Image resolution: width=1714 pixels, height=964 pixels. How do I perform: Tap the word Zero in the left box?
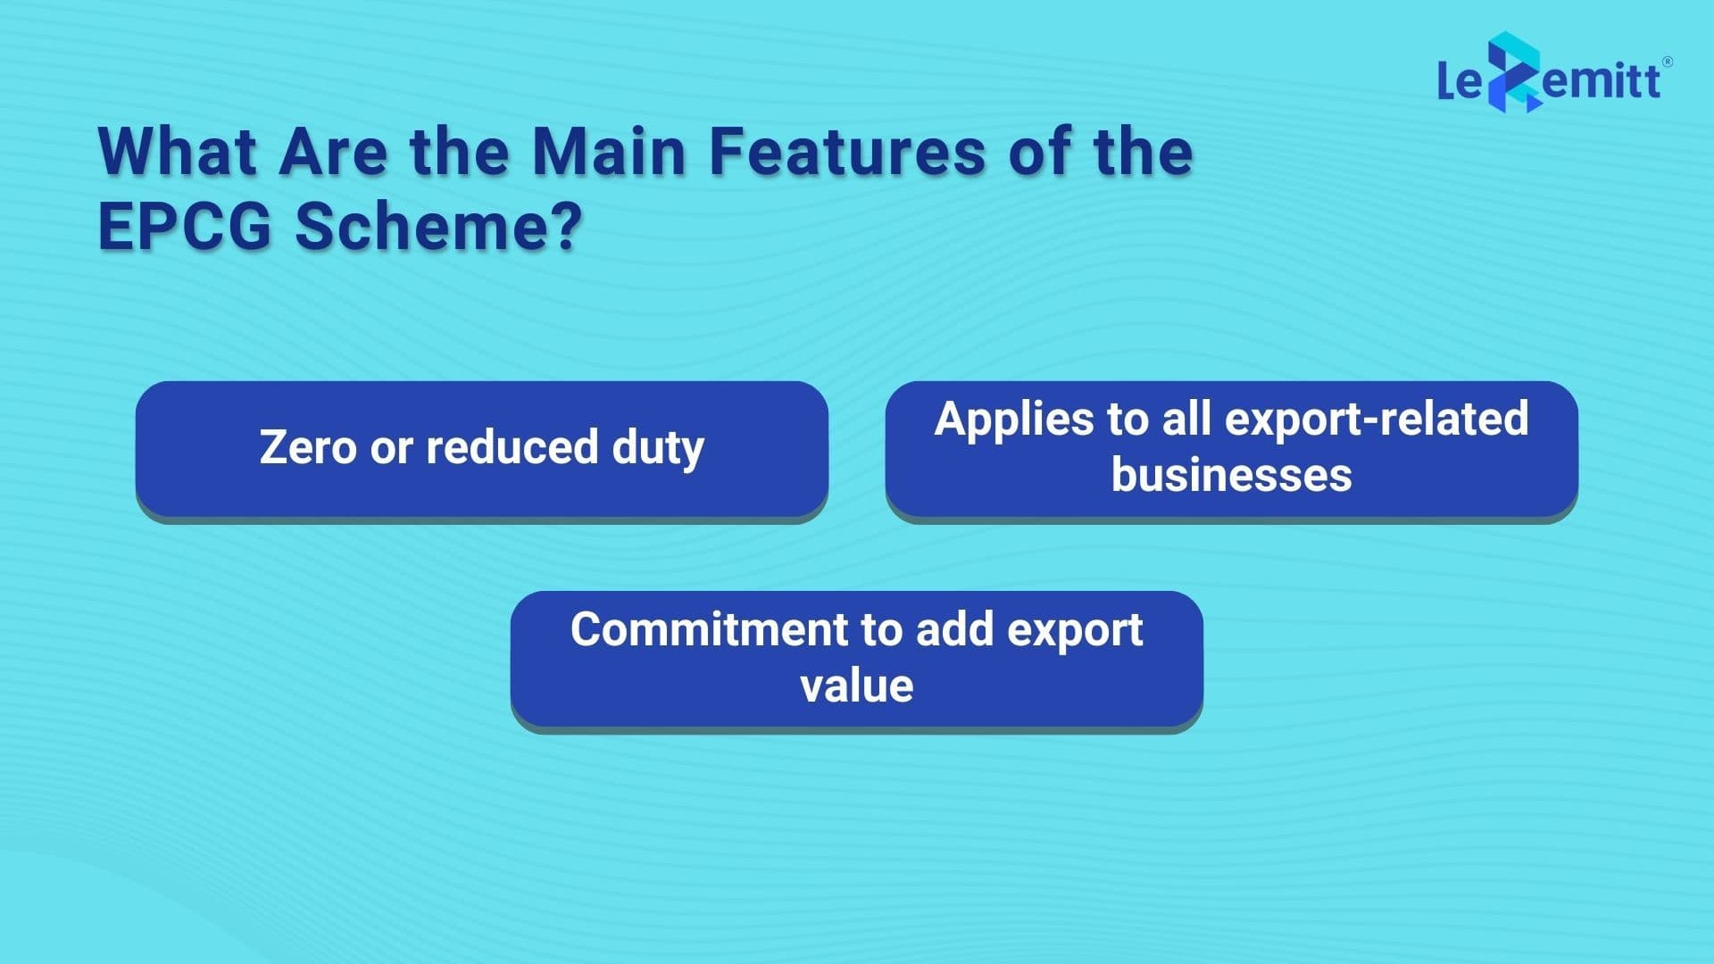click(307, 447)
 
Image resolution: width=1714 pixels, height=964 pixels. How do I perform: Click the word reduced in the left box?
click(512, 447)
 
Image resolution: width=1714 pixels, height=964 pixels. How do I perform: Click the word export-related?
click(1377, 419)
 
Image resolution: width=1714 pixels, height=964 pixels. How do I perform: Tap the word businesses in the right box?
click(1231, 475)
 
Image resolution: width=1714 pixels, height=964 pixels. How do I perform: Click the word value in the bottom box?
click(856, 686)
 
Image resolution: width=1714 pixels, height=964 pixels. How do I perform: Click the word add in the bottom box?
click(954, 630)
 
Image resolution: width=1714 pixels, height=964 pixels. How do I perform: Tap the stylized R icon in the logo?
click(1513, 71)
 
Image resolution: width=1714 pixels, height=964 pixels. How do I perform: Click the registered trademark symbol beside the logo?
click(1668, 62)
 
